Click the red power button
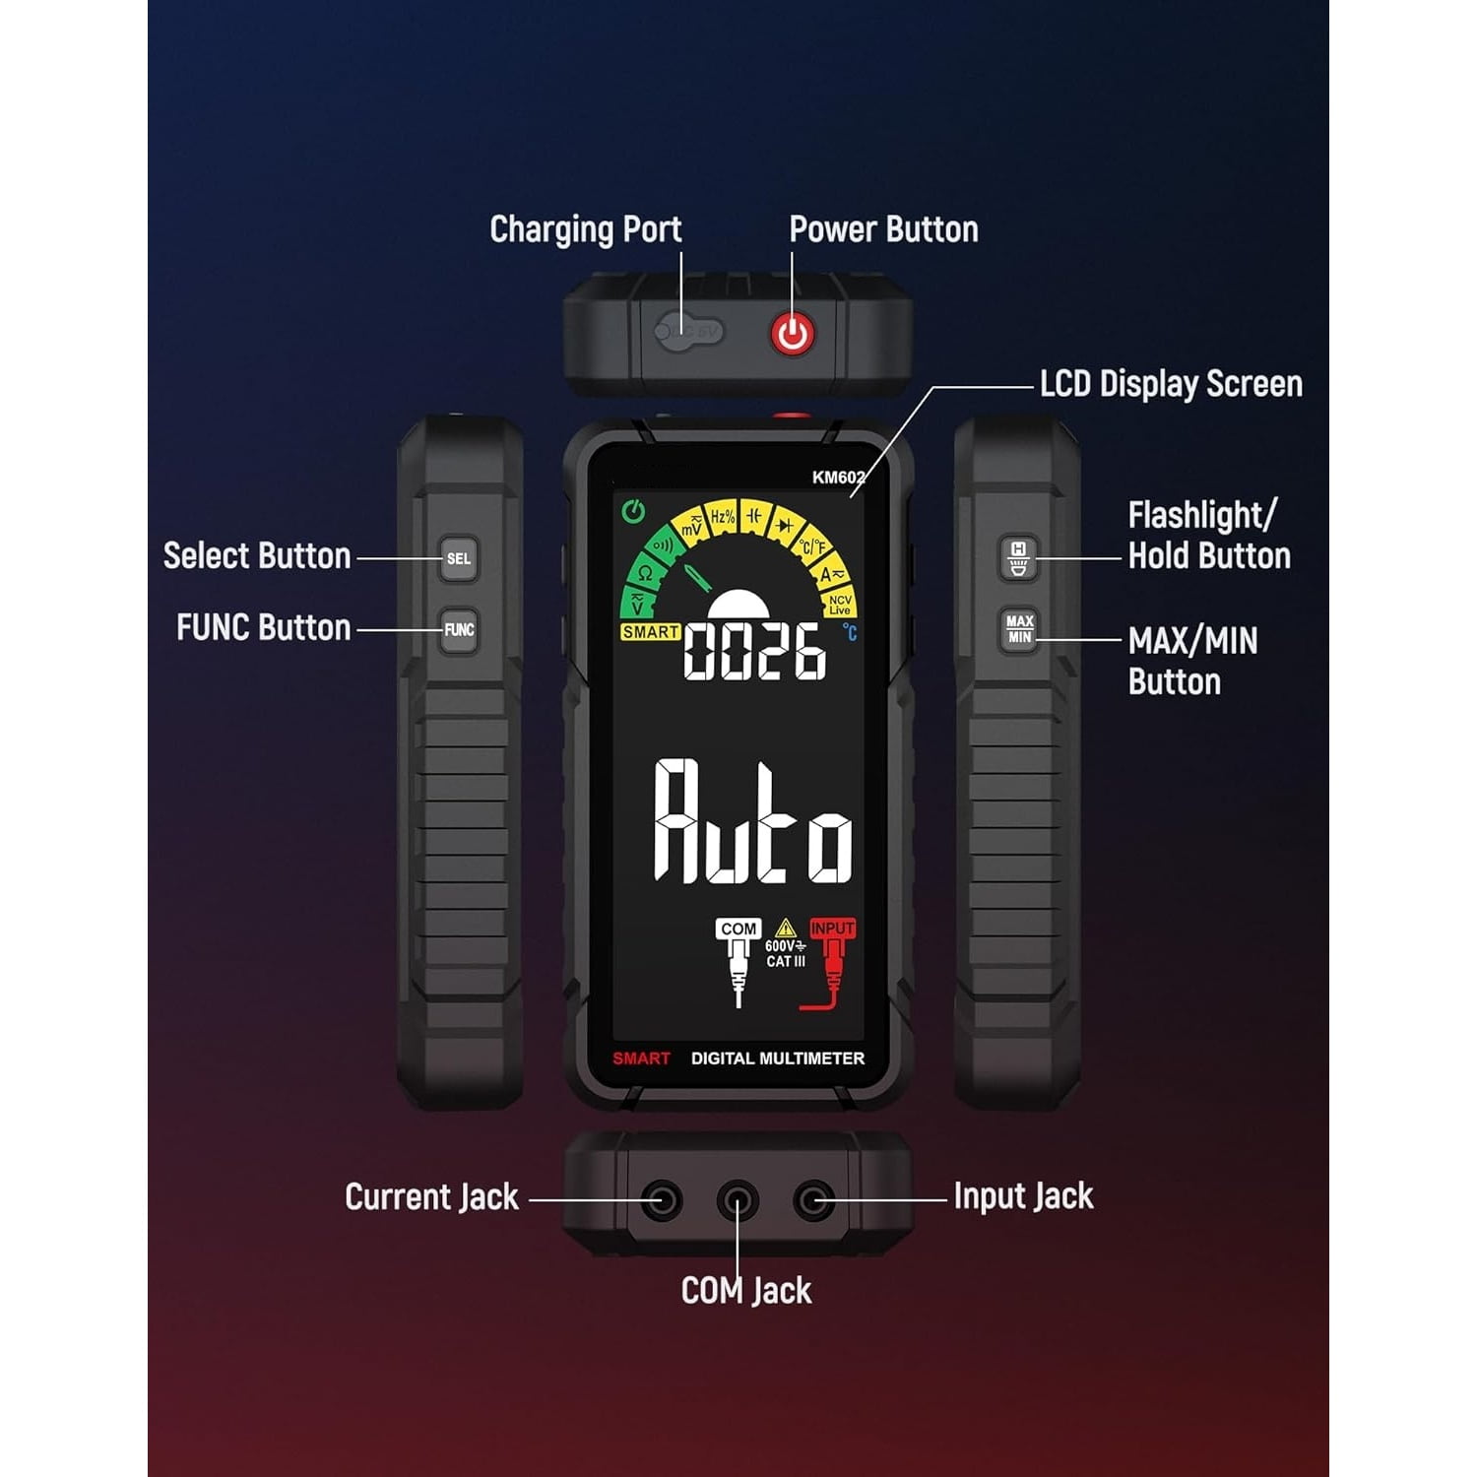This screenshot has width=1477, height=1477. click(x=793, y=334)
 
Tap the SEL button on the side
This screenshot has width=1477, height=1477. click(x=459, y=558)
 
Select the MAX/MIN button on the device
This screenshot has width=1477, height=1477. click(x=1019, y=629)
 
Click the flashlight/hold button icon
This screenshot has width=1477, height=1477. click(x=1019, y=557)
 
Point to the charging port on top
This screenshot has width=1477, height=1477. click(x=689, y=331)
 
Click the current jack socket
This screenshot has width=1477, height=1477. click(x=661, y=1200)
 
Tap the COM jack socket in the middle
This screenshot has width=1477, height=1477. click(x=737, y=1200)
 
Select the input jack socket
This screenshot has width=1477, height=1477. click(x=813, y=1200)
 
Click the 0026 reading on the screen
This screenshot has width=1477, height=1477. click(x=755, y=651)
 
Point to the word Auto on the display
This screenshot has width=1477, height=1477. click(x=753, y=822)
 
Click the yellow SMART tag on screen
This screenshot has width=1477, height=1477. click(x=650, y=632)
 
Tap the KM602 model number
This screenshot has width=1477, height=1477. click(x=838, y=478)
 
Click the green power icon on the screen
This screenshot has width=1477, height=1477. click(x=634, y=511)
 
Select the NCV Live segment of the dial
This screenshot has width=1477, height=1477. click(x=840, y=605)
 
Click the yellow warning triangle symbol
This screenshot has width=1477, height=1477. click(x=785, y=928)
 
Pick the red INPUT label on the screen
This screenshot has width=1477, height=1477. click(x=832, y=929)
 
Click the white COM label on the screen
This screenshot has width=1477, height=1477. click(x=738, y=929)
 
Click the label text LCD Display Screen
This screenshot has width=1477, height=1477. click(x=1171, y=384)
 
